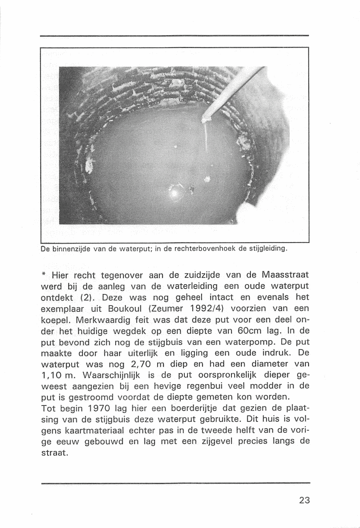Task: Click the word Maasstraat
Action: [x=285, y=276]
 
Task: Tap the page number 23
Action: [x=304, y=500]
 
